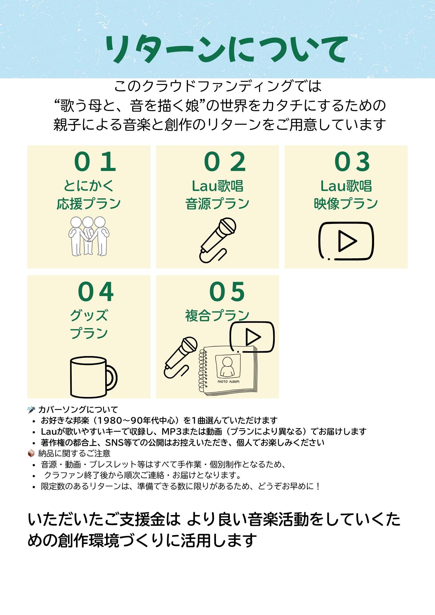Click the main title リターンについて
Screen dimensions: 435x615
pos(226,49)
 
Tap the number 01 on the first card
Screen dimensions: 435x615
pos(95,161)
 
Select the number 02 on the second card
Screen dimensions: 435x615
pos(225,161)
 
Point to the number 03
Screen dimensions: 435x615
pos(352,161)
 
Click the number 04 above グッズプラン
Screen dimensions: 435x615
pos(96,292)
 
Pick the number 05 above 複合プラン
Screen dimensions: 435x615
pos(227,292)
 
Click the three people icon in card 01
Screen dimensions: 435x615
pos(89,236)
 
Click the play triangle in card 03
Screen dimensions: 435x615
pos(347,241)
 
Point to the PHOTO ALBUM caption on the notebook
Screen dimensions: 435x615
pos(228,382)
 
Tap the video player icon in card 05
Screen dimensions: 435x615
pos(252,337)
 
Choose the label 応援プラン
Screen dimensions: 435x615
pos(89,204)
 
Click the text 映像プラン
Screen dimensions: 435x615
pos(346,204)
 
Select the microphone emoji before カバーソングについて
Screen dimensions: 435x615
pos(31,410)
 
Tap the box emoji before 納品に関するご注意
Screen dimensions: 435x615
pos(31,453)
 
